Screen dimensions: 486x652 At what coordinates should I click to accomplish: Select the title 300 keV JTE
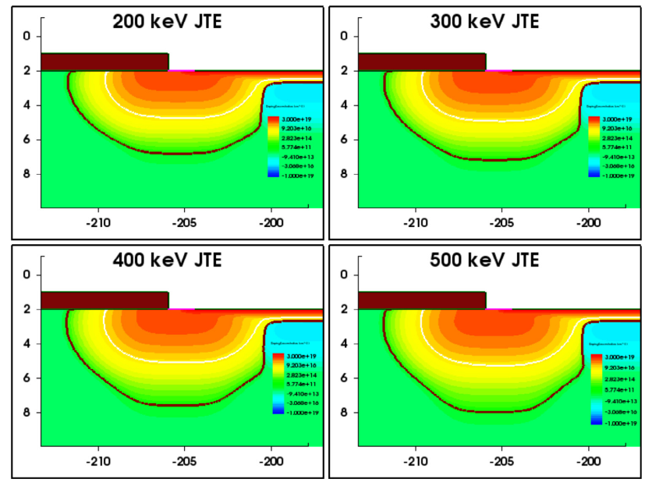[x=485, y=21]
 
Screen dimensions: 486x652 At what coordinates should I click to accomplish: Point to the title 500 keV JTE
[x=485, y=260]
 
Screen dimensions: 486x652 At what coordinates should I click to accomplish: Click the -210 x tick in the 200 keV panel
[x=98, y=221]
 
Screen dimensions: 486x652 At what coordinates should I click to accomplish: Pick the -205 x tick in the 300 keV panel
[x=501, y=221]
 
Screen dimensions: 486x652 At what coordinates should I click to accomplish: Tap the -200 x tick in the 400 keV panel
[x=271, y=459]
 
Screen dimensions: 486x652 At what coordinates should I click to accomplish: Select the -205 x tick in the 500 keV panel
[x=501, y=459]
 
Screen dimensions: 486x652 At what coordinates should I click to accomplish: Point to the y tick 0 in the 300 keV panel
[x=343, y=36]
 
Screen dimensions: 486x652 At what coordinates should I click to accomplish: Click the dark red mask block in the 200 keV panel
[x=105, y=62]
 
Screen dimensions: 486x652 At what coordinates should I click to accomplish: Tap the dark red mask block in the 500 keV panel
[x=422, y=300]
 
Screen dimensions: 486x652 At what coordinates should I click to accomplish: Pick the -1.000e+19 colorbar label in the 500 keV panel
[x=618, y=423]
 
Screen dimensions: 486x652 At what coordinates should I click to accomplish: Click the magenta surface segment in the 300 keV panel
[x=498, y=70]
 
